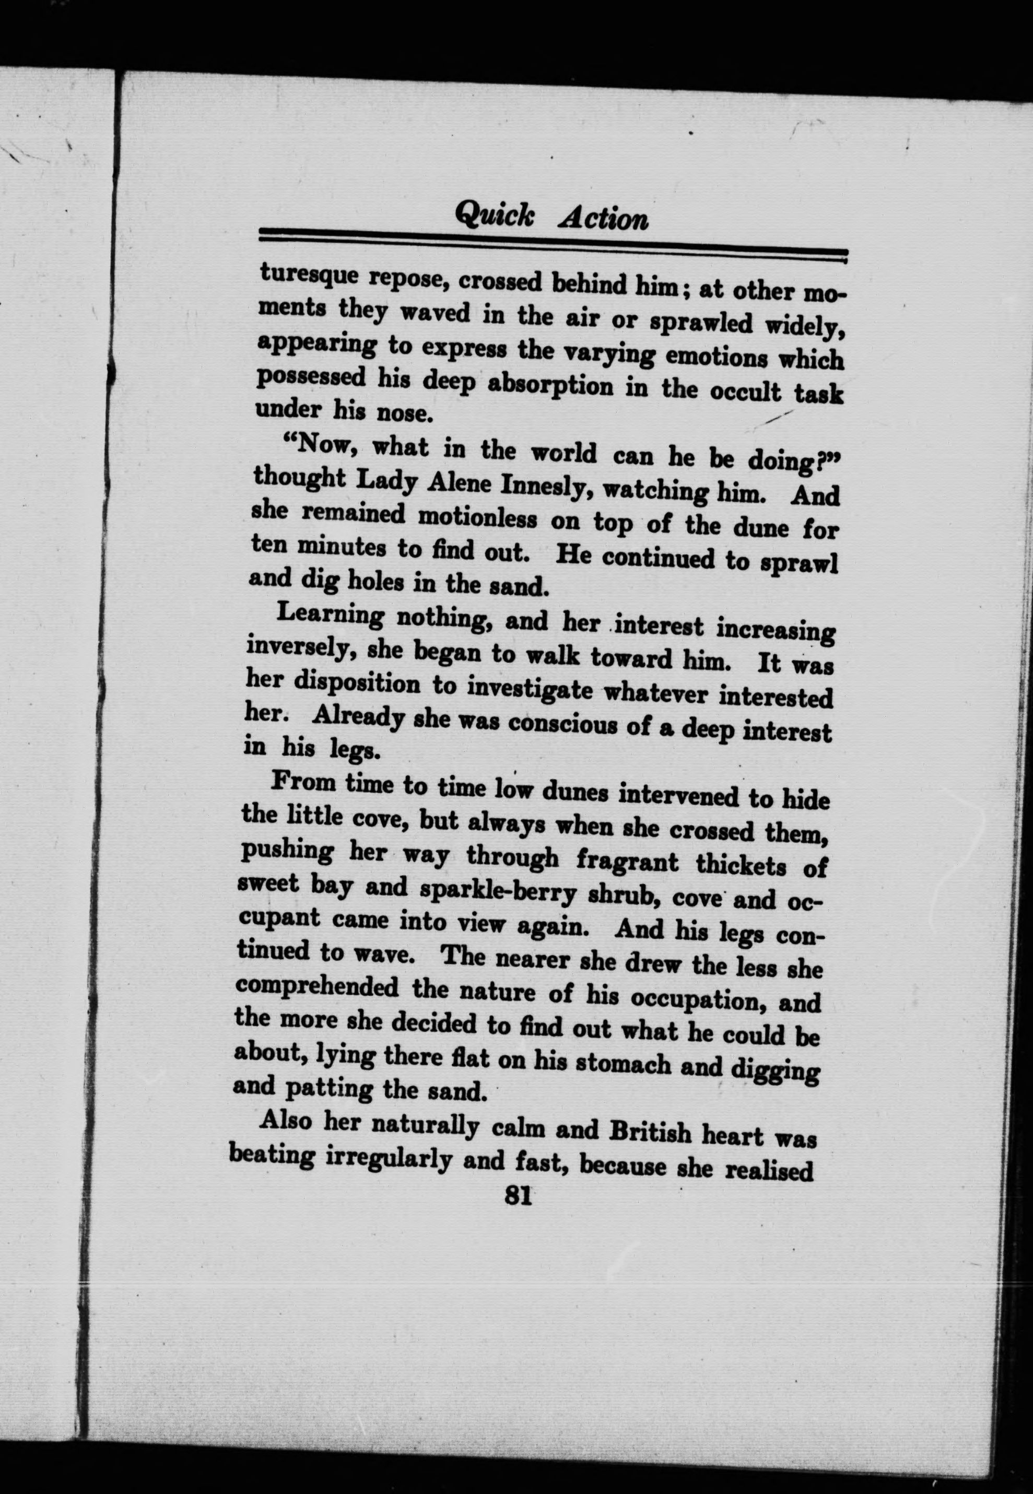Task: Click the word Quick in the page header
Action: (495, 214)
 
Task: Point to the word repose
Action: (407, 279)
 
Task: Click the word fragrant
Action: (627, 861)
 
